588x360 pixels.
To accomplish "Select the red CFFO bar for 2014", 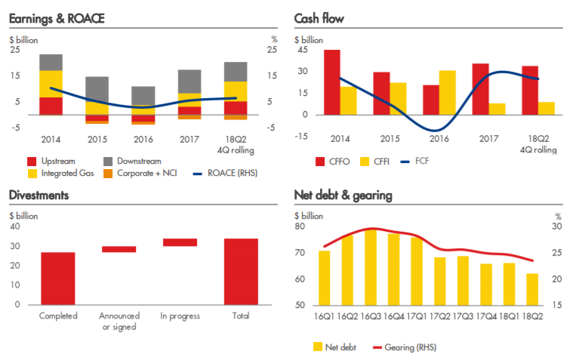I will [332, 82].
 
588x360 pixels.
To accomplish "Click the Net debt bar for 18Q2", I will [532, 289].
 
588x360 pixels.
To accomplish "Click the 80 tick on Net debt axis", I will [300, 226].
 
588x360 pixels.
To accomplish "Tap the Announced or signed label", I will [119, 321].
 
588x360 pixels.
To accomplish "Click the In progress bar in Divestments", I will [180, 242].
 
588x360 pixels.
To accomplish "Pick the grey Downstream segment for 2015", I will [97, 95].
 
